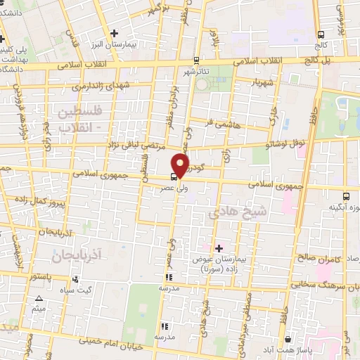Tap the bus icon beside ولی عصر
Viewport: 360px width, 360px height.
click(x=174, y=177)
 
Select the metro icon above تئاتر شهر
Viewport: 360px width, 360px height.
click(x=196, y=60)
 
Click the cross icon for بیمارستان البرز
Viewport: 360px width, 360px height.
click(x=114, y=33)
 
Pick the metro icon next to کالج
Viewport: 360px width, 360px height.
click(x=321, y=34)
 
